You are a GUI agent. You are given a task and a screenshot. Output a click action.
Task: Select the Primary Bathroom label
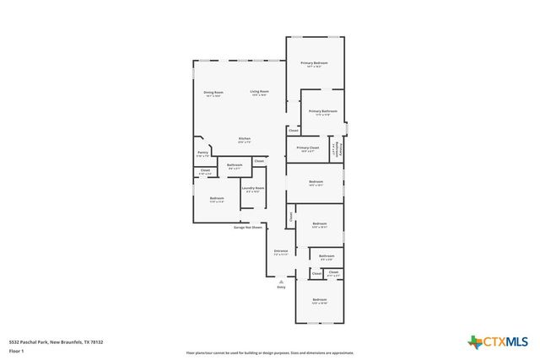[x=322, y=112]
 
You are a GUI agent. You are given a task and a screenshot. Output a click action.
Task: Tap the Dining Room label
[x=213, y=93]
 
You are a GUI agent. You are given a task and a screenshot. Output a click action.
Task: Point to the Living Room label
[x=259, y=92]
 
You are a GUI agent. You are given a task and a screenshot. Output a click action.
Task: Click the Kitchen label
[x=244, y=139]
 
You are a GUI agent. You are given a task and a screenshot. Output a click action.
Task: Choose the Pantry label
[x=203, y=153]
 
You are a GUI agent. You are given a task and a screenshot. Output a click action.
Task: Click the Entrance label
[x=281, y=251]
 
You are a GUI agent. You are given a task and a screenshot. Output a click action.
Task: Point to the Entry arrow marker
[x=282, y=281]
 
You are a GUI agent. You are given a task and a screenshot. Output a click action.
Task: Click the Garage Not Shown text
[x=248, y=227]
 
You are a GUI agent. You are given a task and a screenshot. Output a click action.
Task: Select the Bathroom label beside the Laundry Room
[x=235, y=165]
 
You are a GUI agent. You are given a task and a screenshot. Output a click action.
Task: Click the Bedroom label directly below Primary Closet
[x=316, y=183]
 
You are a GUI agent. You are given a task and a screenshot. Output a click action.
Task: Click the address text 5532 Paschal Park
[x=57, y=341]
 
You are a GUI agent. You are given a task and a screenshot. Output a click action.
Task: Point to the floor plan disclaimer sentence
[x=270, y=353]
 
